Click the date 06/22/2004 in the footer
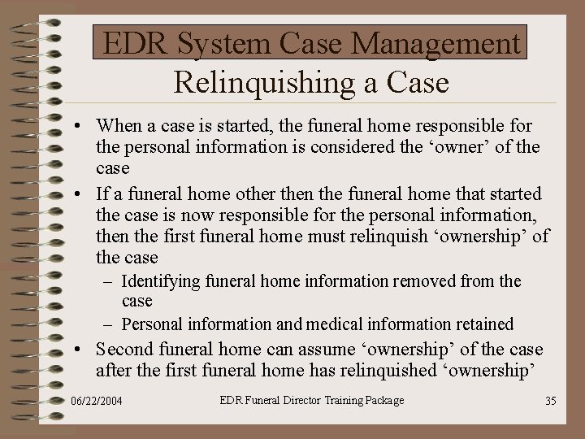click(x=97, y=401)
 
